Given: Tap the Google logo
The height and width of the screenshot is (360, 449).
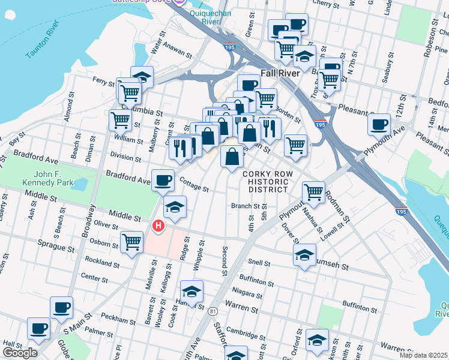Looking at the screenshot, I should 20,353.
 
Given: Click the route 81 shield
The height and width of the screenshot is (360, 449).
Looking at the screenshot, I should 212,311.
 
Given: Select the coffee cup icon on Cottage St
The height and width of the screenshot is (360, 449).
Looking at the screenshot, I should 162,180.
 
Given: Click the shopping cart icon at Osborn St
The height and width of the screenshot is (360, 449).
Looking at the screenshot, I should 131,242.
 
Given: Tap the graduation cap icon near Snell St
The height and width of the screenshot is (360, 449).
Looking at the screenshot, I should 304,254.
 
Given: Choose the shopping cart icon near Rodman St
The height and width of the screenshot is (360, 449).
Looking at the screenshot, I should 313,191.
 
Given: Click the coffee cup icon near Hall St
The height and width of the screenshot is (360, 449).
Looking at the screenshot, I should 39,329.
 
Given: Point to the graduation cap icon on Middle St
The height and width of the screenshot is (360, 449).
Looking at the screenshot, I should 175,207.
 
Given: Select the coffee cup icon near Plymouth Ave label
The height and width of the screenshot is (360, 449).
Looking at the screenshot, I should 379,124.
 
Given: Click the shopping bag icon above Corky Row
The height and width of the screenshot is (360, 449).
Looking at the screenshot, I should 232,157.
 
